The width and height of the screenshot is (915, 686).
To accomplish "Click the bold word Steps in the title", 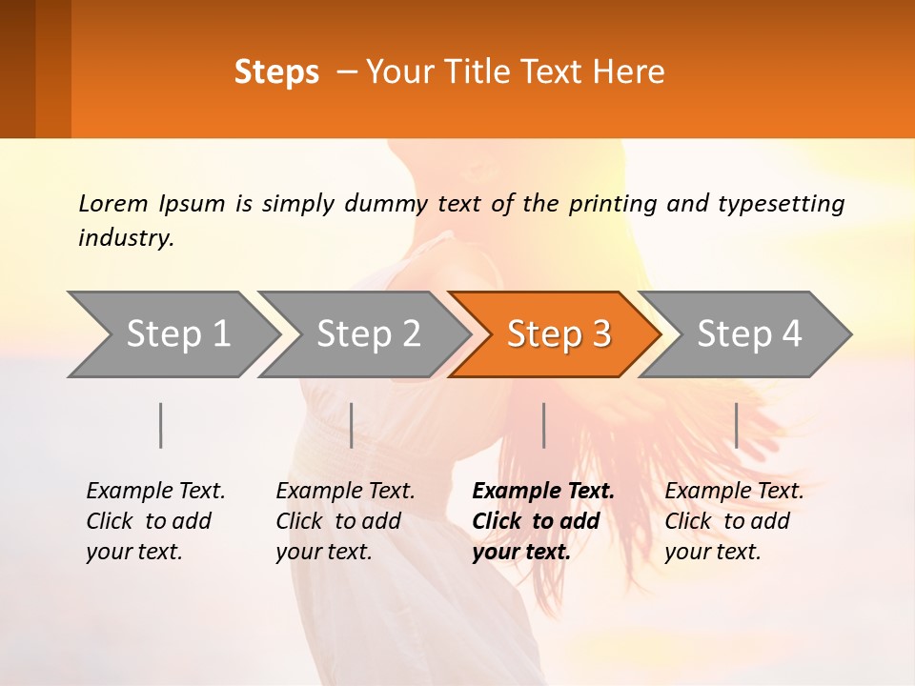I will [276, 72].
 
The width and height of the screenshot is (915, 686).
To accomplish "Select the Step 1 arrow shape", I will [176, 334].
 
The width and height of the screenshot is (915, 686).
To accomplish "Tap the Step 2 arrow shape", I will [367, 334].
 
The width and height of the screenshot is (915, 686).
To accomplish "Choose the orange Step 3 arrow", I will [558, 334].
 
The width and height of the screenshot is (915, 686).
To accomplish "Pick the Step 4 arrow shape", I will [748, 334].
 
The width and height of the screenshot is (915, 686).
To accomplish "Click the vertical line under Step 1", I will [161, 425].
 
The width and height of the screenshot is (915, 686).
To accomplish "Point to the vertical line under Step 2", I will [352, 425].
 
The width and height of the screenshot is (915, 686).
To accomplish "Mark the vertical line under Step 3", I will [544, 425].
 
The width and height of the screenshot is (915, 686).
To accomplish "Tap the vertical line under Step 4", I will [737, 425].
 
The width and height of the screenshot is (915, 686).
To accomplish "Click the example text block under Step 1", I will [155, 521].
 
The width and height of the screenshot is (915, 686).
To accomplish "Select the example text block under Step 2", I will [345, 521].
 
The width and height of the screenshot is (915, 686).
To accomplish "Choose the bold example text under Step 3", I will [542, 521].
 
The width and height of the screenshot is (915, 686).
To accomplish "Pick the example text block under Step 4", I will [734, 521].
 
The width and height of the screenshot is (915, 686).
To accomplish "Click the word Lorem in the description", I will [113, 204].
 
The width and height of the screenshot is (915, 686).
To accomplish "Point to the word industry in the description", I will [126, 238].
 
